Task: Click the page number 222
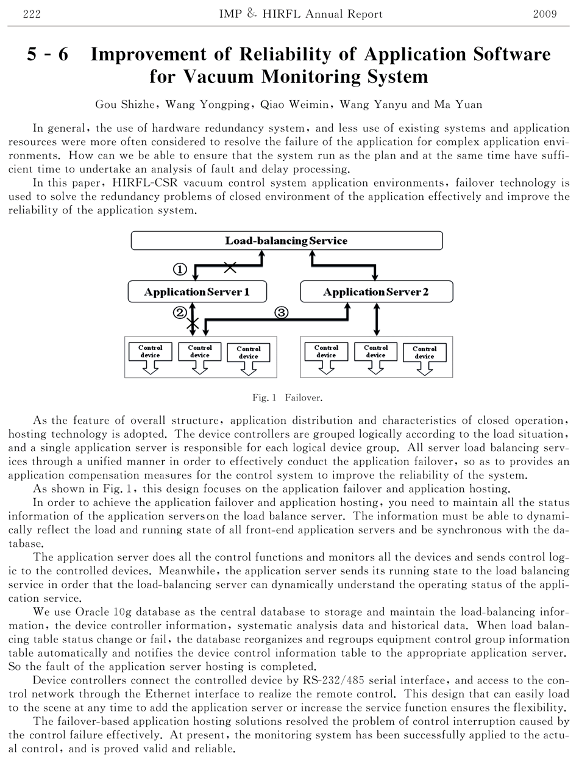coord(31,14)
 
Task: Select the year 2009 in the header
coord(544,14)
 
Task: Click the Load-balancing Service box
coord(286,241)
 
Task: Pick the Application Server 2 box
coord(376,292)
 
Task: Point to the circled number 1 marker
coord(180,269)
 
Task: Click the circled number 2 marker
coord(180,312)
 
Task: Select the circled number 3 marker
coord(282,312)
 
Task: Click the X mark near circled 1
coord(230,266)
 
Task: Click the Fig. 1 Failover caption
coord(287,397)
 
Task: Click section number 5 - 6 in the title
coord(48,55)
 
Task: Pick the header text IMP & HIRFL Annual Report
coord(300,14)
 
